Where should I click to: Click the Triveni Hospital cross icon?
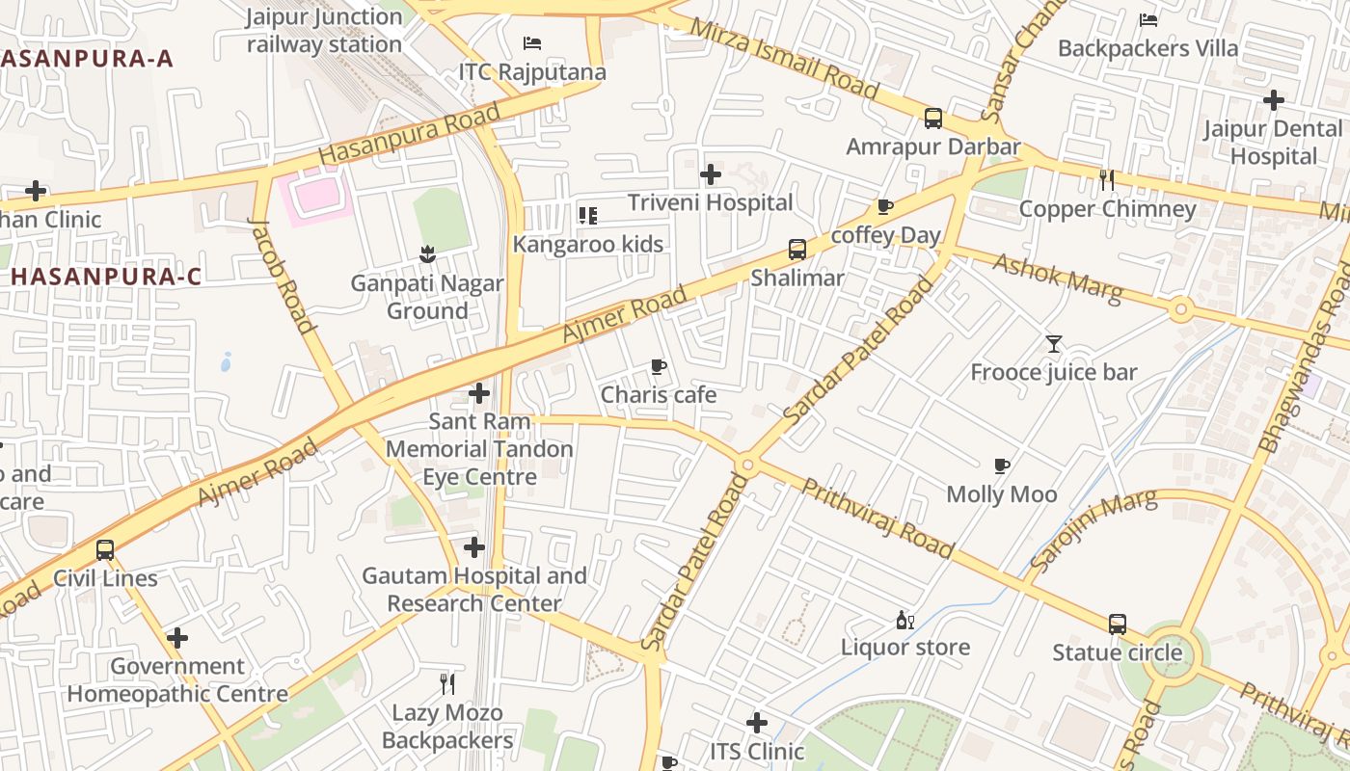point(711,174)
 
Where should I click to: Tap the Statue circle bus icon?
point(1117,624)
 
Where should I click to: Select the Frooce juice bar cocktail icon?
point(1053,344)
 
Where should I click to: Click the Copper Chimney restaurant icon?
point(1107,179)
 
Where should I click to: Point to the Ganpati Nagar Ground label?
point(426,297)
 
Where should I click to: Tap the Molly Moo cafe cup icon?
point(1002,466)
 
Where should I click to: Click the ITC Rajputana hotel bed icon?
point(531,43)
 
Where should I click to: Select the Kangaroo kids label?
point(587,244)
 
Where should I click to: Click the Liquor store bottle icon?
point(904,620)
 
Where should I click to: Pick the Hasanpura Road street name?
point(410,133)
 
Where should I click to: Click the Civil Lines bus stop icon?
point(105,550)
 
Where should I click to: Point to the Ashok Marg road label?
point(1058,279)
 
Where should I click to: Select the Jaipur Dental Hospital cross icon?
point(1274,99)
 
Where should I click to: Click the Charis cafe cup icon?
point(659,366)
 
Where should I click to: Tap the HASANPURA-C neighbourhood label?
point(106,277)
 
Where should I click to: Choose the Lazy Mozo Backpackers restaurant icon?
point(447,684)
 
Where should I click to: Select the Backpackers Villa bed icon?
point(1147,20)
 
